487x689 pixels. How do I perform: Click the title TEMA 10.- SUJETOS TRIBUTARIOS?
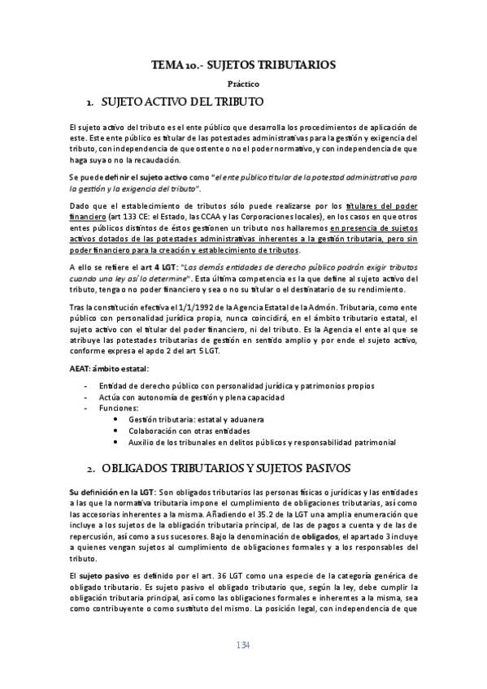click(243, 65)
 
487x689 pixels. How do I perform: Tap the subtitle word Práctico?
click(243, 84)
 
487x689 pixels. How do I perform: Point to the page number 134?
click(243, 646)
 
